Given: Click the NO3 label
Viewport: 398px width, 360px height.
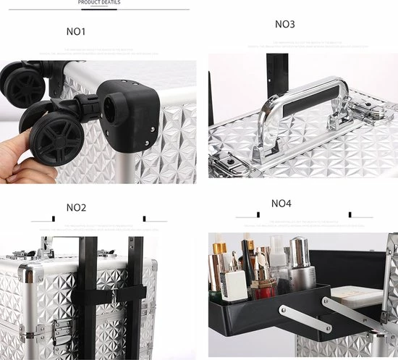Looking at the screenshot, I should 285,24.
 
